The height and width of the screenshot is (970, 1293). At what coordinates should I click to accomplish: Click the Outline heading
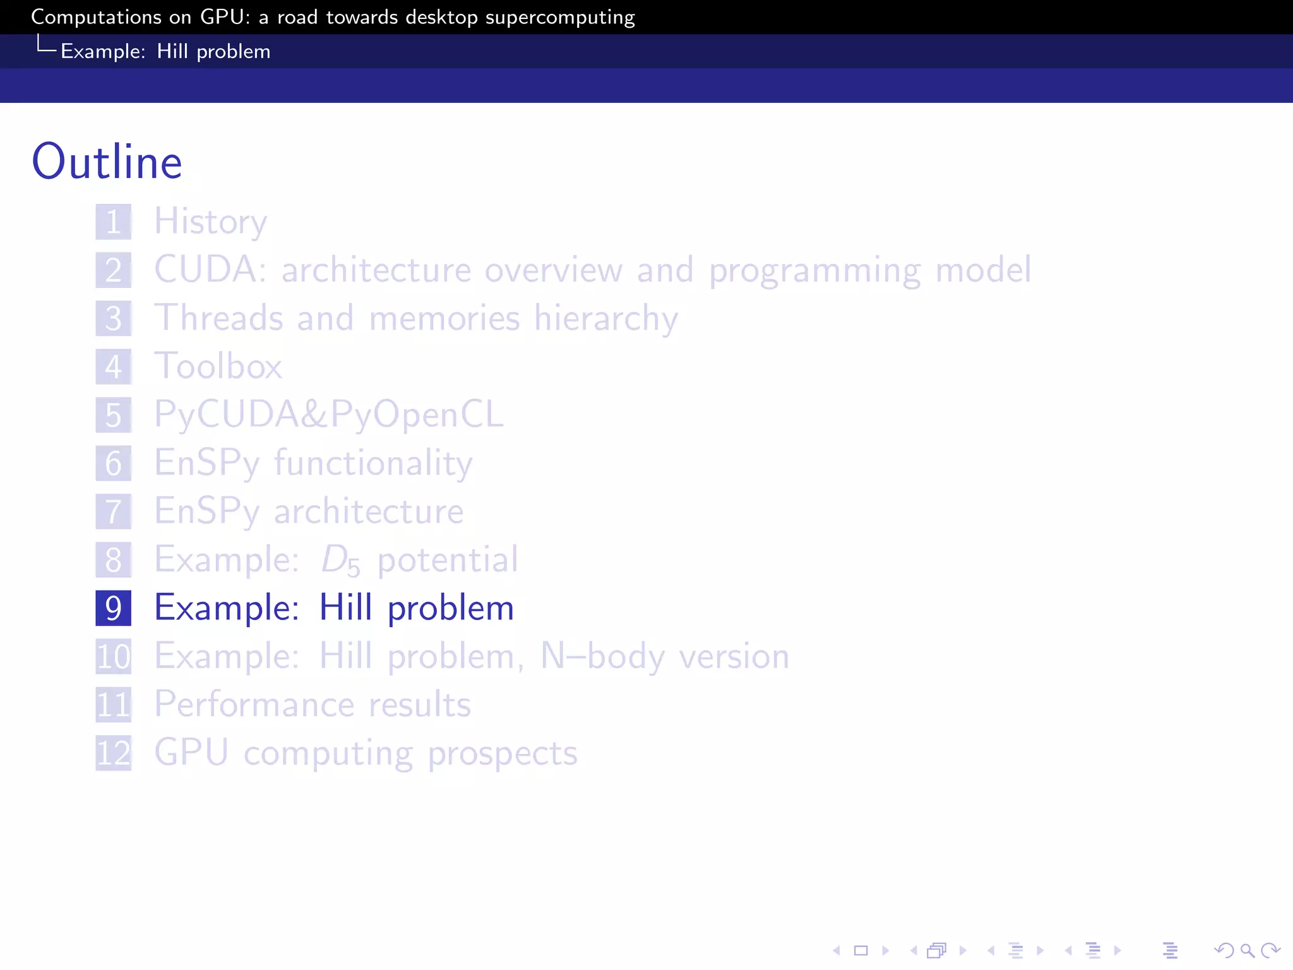tap(107, 162)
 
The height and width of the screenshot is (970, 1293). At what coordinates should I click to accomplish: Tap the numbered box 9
tap(114, 608)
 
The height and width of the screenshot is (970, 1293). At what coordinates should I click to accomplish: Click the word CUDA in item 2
tap(206, 270)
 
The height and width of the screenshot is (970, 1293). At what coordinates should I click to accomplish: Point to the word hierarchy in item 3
tap(606, 318)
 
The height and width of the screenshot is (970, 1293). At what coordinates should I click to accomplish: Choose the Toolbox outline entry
tap(218, 367)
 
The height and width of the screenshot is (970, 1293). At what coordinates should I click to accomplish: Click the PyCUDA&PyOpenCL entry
tap(329, 415)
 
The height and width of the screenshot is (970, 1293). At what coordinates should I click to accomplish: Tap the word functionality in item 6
tap(373, 464)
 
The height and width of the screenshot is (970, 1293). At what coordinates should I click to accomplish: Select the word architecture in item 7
tap(369, 512)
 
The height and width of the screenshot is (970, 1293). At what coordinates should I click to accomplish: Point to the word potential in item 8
tap(448, 560)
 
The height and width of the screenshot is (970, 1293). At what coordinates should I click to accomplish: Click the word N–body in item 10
tap(602, 657)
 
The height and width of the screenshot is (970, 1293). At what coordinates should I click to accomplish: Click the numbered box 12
tap(114, 753)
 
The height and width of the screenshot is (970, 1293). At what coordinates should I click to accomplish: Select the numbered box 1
tap(114, 222)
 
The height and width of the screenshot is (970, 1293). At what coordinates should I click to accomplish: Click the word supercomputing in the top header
tap(560, 18)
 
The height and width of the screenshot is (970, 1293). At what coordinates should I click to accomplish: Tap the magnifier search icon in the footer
tap(1247, 950)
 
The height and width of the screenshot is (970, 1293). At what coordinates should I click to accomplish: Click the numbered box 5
tap(114, 416)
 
